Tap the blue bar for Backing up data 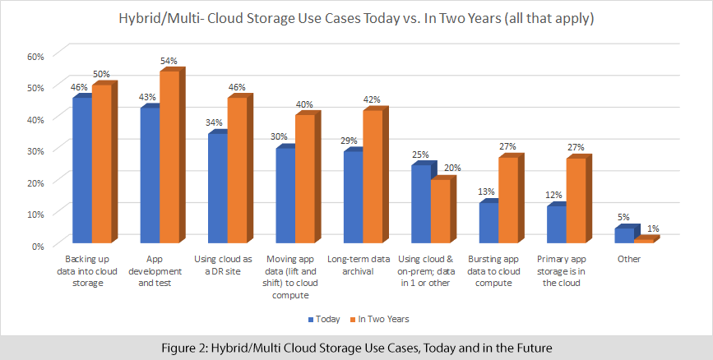tap(81, 170)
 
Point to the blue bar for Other tap(624, 236)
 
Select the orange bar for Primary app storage tap(575, 201)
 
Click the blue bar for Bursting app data tap(487, 223)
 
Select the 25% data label tap(419, 155)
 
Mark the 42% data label tap(372, 100)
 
